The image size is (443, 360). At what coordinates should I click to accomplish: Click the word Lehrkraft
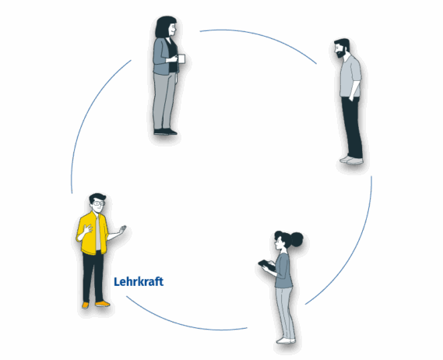point(139,281)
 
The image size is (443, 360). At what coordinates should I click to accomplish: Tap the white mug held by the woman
point(181,58)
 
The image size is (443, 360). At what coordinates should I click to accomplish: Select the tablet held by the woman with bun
point(266,265)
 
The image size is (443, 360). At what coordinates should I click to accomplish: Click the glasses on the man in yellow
point(99,203)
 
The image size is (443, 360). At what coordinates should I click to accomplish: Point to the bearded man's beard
point(341,53)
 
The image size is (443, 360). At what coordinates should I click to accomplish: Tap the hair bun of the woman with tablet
point(297,239)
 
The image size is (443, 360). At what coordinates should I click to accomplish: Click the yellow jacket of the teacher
point(93,234)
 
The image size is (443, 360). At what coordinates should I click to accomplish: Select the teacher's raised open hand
point(122,229)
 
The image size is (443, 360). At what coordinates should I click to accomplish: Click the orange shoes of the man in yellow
point(96,305)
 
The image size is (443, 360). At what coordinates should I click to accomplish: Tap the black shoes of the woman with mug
point(166,132)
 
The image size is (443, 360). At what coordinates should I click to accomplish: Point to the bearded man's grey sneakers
point(351,160)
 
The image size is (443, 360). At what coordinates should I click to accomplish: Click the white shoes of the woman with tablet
point(286,341)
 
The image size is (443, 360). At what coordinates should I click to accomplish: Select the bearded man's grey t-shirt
point(350,77)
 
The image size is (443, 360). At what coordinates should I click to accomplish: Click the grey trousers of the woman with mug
point(163,101)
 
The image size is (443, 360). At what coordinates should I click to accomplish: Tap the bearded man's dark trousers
point(352,127)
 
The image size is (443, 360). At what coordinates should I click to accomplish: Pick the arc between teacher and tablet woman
point(184,319)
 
